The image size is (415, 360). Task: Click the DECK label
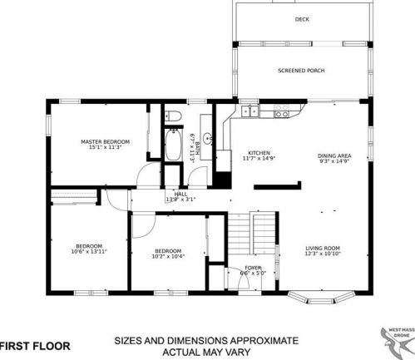click(301, 18)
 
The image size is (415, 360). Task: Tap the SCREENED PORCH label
click(301, 71)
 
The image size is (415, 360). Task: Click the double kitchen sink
click(247, 110)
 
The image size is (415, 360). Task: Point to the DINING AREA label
click(334, 155)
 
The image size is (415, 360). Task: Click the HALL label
click(180, 194)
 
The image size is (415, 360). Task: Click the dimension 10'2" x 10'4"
click(167, 256)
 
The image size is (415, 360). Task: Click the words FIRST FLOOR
click(35, 344)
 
